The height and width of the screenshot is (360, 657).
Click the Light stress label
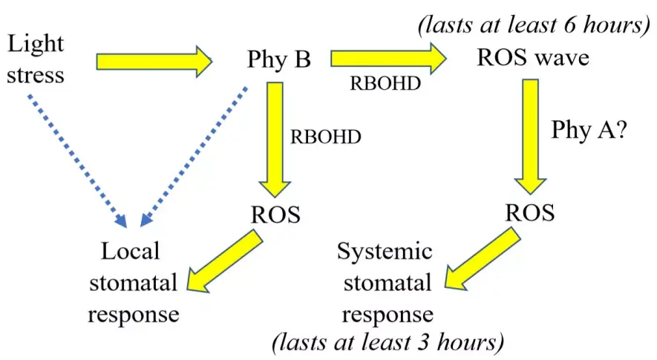point(36,59)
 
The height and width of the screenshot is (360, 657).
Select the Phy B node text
point(278,60)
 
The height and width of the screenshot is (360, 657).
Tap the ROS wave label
point(532,57)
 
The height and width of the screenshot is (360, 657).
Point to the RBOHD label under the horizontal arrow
point(385,82)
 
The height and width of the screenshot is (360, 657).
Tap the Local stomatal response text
point(134,282)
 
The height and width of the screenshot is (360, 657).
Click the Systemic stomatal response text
point(386,282)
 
